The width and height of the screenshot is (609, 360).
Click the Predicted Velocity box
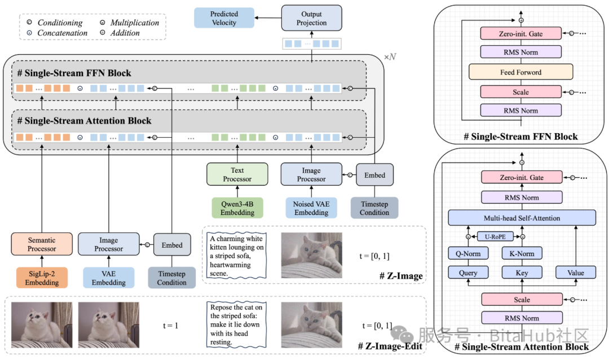(x=224, y=18)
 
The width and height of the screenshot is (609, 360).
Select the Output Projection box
(x=311, y=18)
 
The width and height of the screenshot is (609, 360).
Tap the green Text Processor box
(x=237, y=175)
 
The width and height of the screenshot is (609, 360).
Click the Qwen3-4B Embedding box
(x=237, y=208)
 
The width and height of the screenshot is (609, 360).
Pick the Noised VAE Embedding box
(x=311, y=208)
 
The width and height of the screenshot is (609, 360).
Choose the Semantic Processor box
(x=42, y=244)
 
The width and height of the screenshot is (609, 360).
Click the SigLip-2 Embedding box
(x=42, y=278)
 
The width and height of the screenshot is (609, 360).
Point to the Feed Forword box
(x=520, y=72)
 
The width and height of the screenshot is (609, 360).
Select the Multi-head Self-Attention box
(x=522, y=218)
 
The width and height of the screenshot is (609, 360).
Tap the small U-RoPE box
(x=495, y=237)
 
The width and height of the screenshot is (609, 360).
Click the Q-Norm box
(x=468, y=254)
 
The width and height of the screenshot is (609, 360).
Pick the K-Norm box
(x=522, y=254)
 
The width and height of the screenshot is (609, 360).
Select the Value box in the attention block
(x=576, y=273)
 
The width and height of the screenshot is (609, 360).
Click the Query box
(x=468, y=273)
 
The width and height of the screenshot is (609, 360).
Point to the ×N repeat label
(x=390, y=57)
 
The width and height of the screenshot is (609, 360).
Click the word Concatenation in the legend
(x=62, y=33)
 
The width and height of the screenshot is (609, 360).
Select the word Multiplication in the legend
(x=135, y=23)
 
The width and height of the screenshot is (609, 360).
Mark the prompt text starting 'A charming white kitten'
(x=235, y=256)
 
